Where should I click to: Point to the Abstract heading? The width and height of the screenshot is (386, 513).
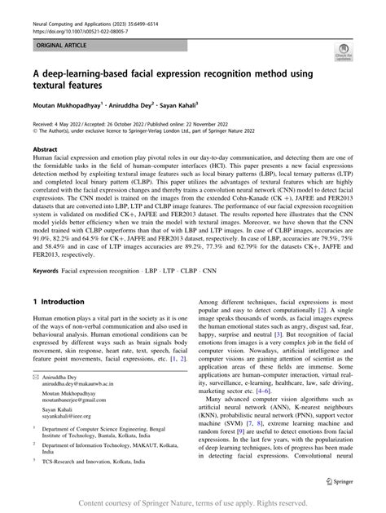coord(45,149)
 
